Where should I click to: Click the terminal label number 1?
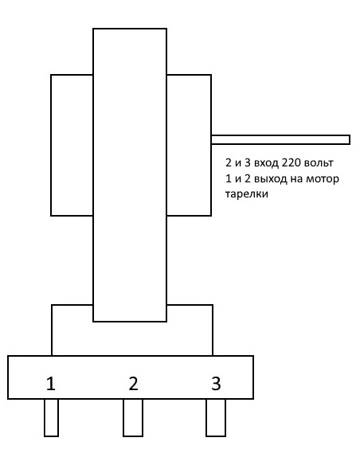(51, 384)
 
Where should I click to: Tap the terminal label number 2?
(134, 384)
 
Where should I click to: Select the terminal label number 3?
(216, 384)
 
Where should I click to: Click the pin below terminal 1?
(51, 417)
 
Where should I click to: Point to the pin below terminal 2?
(133, 417)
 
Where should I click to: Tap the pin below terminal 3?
(216, 417)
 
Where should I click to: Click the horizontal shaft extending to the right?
(280, 139)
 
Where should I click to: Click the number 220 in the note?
(292, 162)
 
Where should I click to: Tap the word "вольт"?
(319, 162)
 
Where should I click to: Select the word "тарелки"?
(247, 194)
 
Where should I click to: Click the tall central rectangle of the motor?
(130, 175)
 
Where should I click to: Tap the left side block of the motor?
(72, 145)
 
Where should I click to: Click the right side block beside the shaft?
(189, 145)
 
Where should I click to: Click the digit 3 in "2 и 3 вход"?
(248, 162)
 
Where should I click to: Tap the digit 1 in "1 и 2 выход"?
(228, 179)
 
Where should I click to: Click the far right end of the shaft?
(350, 139)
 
